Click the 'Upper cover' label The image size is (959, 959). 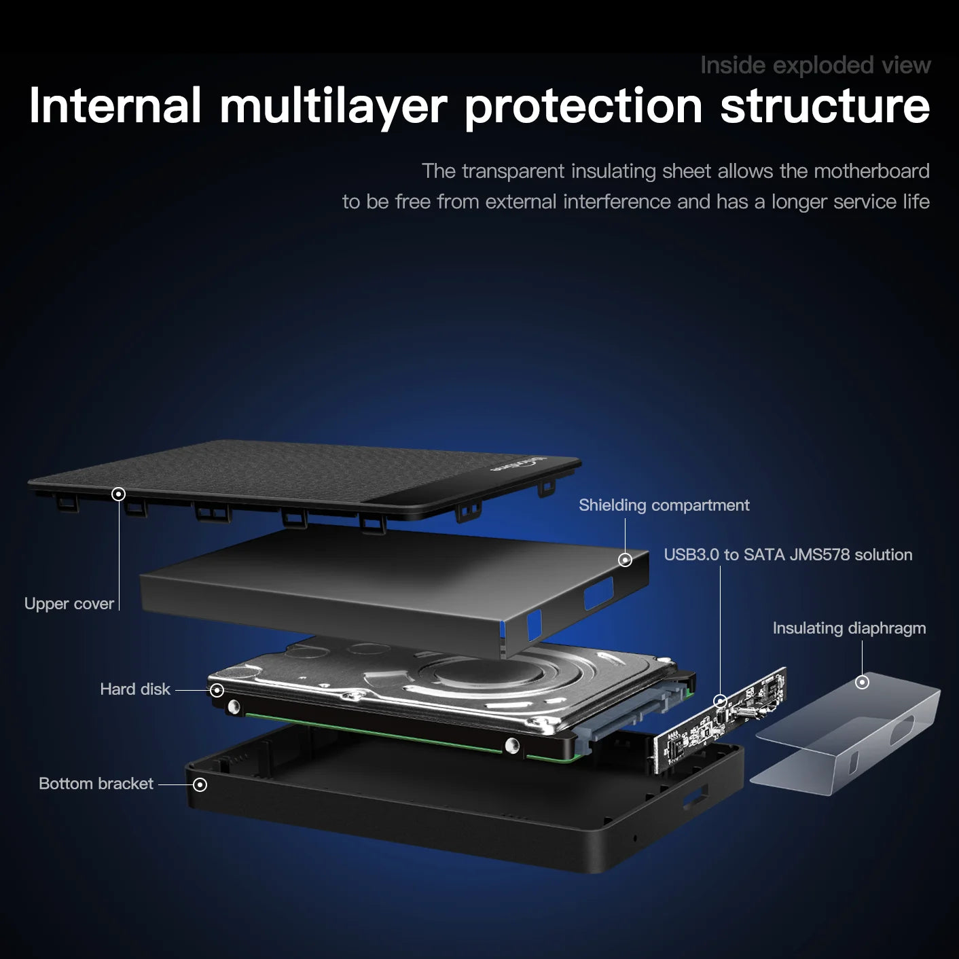pos(69,604)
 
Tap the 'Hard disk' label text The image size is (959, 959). pos(134,689)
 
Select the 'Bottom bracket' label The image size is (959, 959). pos(96,784)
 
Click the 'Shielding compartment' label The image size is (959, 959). pos(664,505)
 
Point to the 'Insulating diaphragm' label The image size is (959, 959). pos(849,628)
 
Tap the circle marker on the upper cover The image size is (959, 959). pos(118,494)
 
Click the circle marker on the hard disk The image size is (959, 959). pos(217,690)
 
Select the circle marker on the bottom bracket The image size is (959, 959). pos(200,784)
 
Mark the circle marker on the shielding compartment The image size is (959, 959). pos(625,560)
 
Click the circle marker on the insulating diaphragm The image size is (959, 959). pos(862,682)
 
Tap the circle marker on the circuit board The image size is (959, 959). pos(721,700)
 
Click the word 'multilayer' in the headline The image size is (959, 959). pos(333,107)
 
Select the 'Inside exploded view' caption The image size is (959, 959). pos(815,65)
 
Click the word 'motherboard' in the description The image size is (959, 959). pos(871,171)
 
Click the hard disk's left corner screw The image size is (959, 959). pos(234,707)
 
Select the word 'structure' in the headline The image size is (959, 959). pos(825,107)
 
